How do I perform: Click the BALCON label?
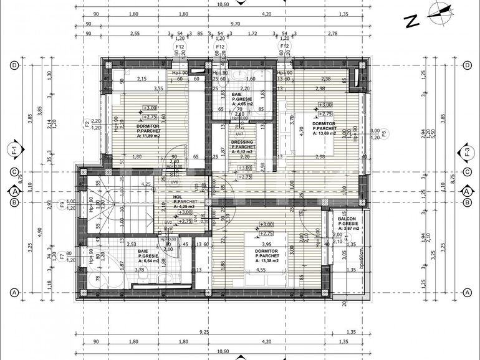(347, 224)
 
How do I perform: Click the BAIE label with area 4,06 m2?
(241, 100)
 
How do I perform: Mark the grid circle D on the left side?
(13, 65)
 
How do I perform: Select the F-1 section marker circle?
(13, 149)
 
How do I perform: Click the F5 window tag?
(384, 133)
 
